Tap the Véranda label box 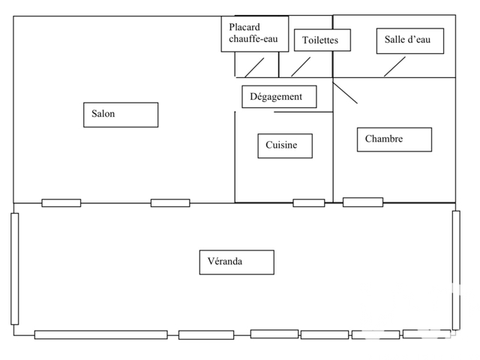[x=236, y=262]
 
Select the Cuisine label [x=284, y=145]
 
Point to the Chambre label [x=394, y=139]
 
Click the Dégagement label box [x=278, y=97]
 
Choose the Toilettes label [x=322, y=40]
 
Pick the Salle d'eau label [x=409, y=40]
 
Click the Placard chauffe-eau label [x=254, y=34]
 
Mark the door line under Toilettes [x=301, y=67]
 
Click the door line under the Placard [x=254, y=67]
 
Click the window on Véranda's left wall [x=14, y=268]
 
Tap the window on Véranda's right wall [x=456, y=269]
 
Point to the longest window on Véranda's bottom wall [x=100, y=334]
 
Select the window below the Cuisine [x=308, y=202]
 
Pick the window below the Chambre [x=363, y=202]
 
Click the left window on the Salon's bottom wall [x=61, y=202]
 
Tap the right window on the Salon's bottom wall [x=170, y=202]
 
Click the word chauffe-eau [x=254, y=40]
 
